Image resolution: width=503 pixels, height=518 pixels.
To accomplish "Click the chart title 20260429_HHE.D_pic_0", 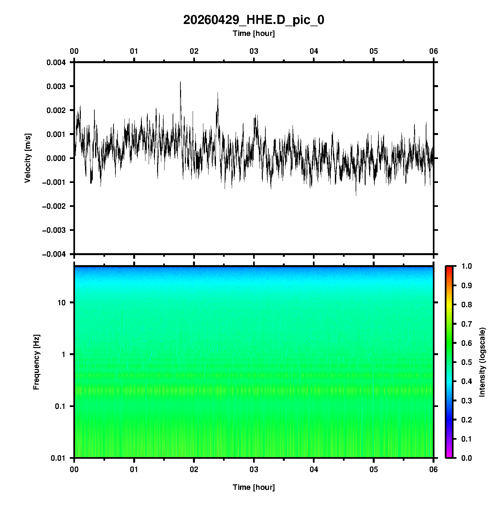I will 253,20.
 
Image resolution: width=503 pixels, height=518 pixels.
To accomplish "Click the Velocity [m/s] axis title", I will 28,158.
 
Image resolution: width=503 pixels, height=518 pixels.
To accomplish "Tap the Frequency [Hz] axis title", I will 36,362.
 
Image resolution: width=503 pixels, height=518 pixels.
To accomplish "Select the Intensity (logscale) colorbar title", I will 482,362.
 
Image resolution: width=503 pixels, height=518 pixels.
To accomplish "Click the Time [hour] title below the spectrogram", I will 253,487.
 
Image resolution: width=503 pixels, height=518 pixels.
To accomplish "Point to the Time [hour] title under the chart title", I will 253,33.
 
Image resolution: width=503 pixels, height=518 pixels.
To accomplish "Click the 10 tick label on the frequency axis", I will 61,303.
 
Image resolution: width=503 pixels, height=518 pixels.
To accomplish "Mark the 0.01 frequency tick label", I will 58,458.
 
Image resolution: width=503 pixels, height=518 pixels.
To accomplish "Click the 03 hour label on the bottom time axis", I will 254,469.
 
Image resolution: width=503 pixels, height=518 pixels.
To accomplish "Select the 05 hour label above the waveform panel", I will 374,51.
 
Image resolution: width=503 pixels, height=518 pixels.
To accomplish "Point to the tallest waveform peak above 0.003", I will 180,82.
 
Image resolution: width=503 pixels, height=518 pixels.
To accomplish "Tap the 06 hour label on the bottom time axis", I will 433,469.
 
